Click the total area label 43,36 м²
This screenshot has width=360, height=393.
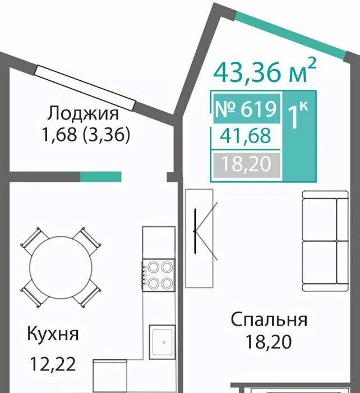coord(265,71)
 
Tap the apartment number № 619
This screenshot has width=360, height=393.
coord(246,109)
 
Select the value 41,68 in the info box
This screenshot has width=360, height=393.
coord(246,135)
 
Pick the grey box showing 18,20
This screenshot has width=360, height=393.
coord(247,164)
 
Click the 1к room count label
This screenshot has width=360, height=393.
coord(297,115)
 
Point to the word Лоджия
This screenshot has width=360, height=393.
coord(83,113)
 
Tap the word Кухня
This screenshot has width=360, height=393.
coord(53,334)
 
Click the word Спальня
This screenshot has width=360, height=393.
coord(269,320)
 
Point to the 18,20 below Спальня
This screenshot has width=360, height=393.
coord(269,341)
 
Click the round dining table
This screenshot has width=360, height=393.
coord(61,267)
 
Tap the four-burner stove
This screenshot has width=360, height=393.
coord(158,275)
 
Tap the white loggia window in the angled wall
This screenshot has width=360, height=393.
coord(85,88)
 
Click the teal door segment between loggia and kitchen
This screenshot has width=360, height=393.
coord(100,176)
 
